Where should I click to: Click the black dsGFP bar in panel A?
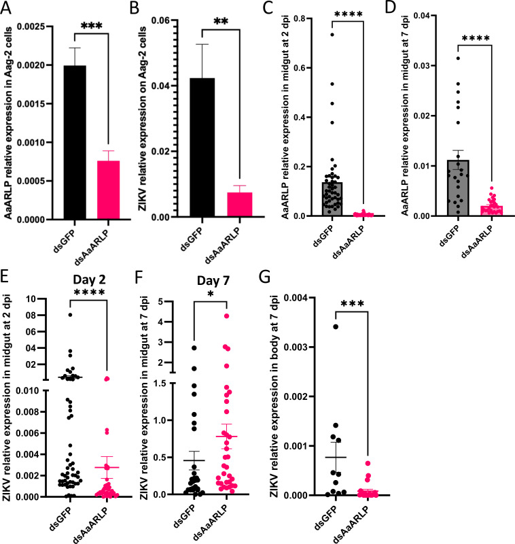[75, 142]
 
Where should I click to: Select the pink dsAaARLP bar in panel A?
[109, 190]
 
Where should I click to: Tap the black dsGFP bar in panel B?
[202, 148]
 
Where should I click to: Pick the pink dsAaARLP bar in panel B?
[239, 205]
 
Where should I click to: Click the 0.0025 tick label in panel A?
[31, 27]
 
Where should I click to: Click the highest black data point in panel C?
[332, 35]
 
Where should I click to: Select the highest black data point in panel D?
[458, 58]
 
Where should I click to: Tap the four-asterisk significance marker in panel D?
[476, 38]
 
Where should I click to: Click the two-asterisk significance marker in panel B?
[221, 22]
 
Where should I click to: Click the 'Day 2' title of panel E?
[89, 279]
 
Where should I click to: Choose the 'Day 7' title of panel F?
[213, 280]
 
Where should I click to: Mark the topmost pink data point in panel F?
[227, 316]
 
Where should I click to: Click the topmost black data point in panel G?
[336, 326]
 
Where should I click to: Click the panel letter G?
[264, 277]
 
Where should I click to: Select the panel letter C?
[268, 7]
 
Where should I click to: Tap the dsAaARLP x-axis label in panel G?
[351, 523]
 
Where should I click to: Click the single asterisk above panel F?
[211, 294]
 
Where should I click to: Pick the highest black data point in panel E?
[70, 315]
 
